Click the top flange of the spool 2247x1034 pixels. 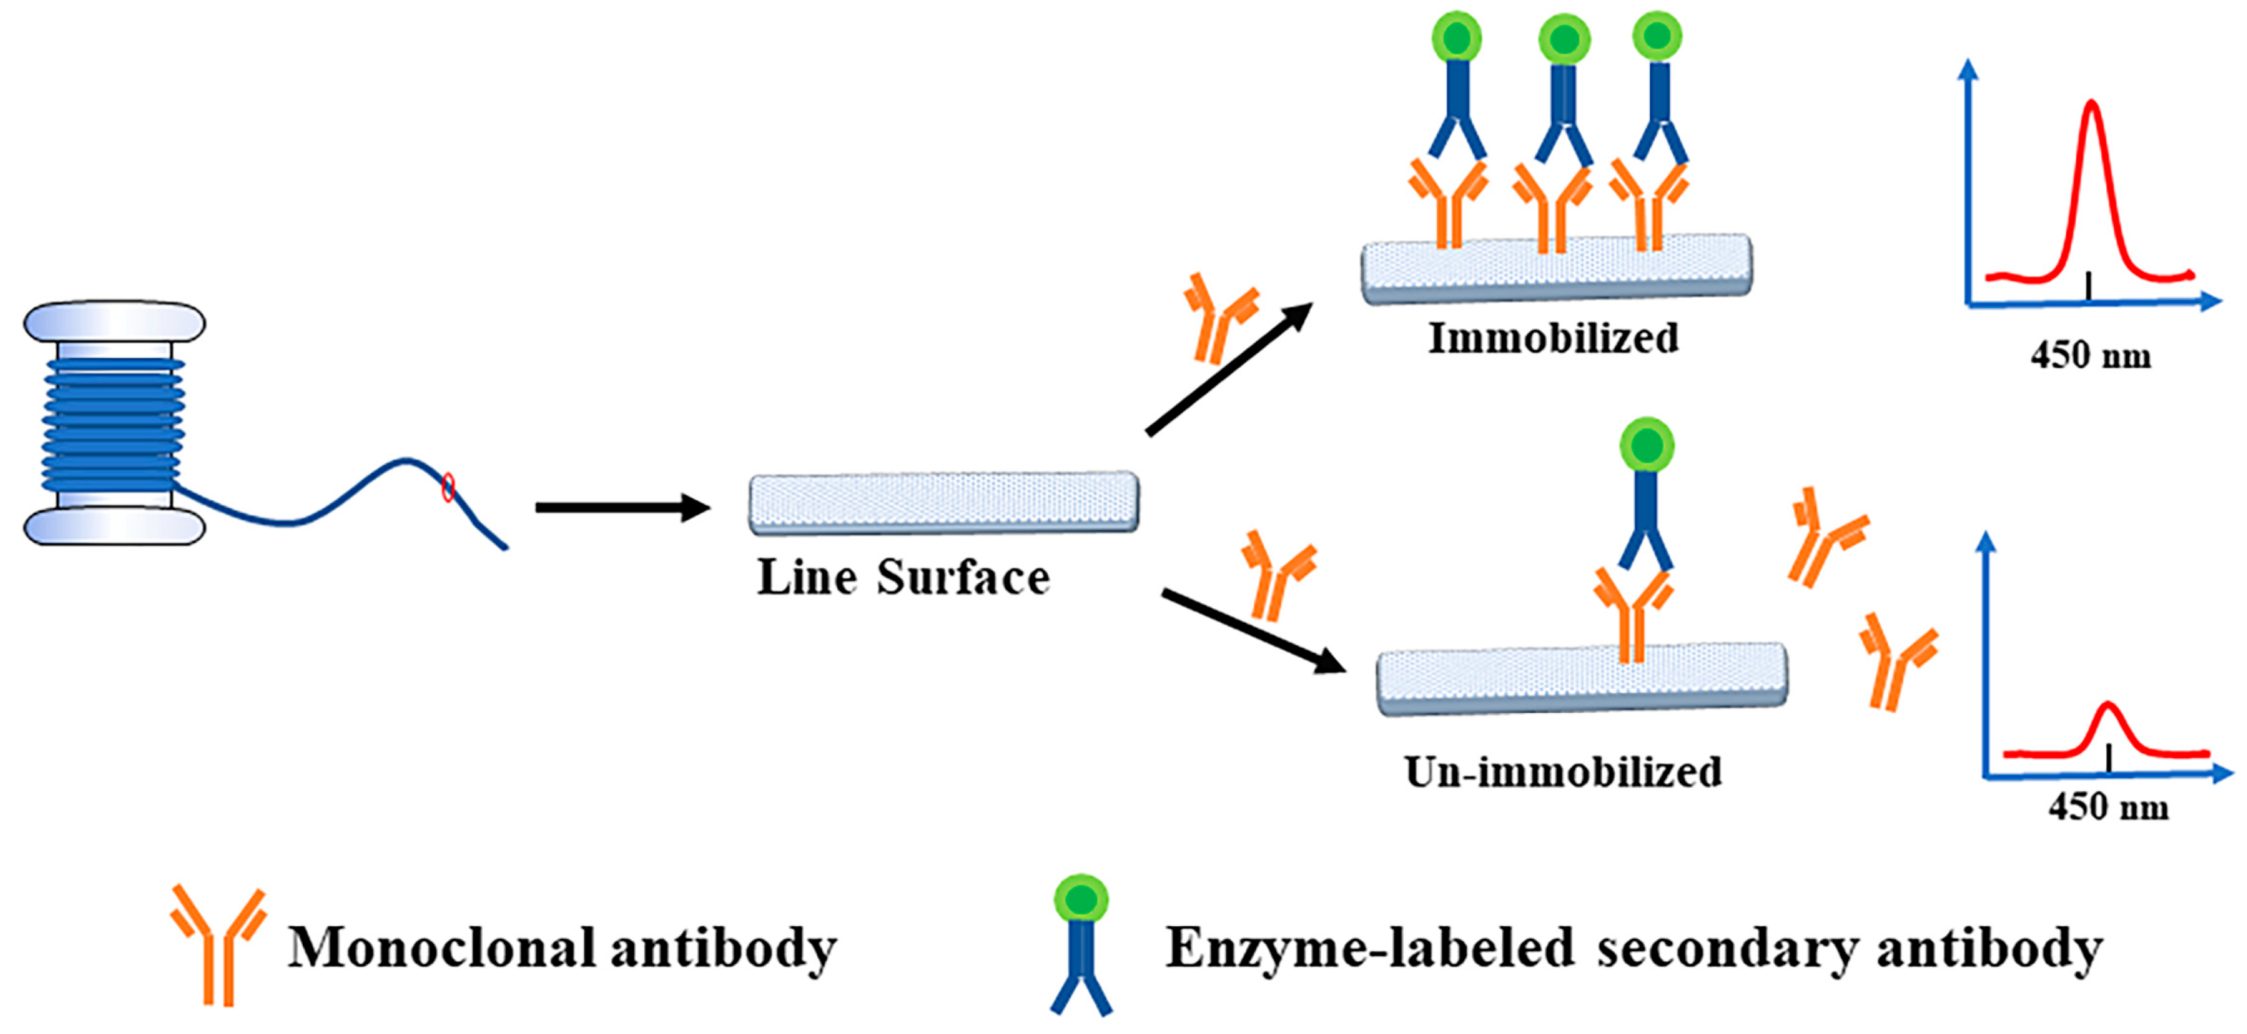(114, 322)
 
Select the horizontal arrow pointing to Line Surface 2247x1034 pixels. (621, 507)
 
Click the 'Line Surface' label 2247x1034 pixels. (903, 578)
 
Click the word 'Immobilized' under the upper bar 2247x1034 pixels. (1552, 338)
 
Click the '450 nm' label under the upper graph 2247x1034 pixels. (2091, 356)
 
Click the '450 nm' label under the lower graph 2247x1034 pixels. (2108, 807)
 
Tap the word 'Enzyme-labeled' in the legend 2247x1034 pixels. (1370, 948)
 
